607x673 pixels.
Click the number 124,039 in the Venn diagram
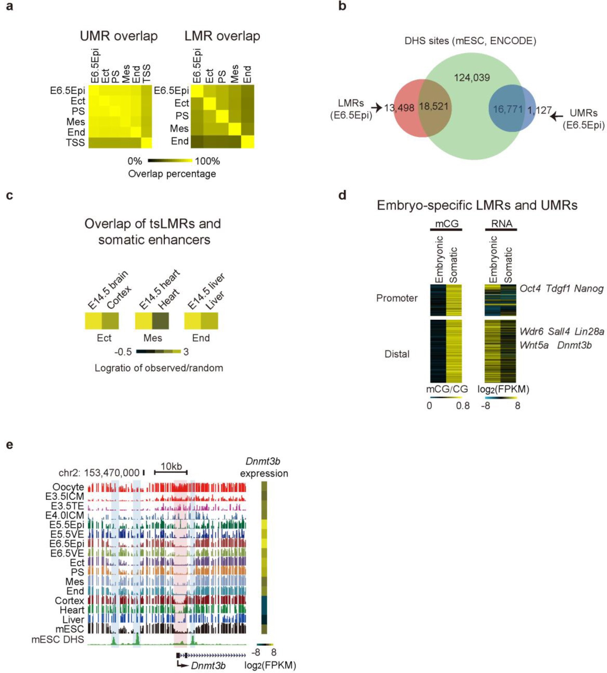coord(472,78)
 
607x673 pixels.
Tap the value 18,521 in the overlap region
coord(434,107)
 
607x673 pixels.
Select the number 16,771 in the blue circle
coord(508,110)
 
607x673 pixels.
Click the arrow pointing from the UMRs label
coord(556,116)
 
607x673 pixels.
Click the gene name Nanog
coord(589,289)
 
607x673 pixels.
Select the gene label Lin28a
coord(589,331)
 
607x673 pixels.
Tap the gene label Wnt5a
coord(534,345)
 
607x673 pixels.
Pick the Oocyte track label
coord(68,487)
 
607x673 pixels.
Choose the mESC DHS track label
coord(58,639)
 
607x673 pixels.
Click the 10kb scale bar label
coord(171,466)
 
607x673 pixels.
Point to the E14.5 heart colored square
coord(143,321)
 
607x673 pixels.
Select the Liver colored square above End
coord(209,321)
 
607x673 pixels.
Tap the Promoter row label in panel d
coord(397,298)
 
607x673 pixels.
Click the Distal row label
coord(397,354)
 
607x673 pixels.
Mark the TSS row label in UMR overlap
coord(75,143)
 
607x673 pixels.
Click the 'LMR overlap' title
coord(222,36)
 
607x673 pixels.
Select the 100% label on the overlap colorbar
coord(207,161)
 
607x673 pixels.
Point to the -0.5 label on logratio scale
coord(123,352)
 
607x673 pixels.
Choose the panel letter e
coord(10,445)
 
